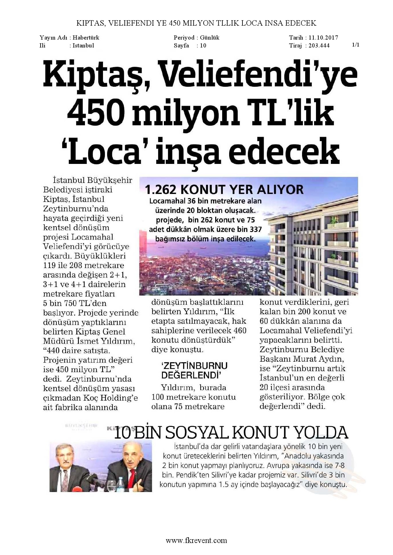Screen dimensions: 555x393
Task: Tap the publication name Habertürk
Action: [86, 38]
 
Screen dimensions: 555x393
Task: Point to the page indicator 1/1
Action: [356, 45]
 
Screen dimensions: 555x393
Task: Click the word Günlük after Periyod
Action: [209, 38]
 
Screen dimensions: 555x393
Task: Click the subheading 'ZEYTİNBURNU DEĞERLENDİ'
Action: [194, 371]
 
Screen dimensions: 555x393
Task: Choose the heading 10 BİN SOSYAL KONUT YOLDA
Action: [231, 433]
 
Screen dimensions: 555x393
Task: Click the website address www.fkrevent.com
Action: [196, 540]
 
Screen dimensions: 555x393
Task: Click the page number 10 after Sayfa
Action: [203, 46]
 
